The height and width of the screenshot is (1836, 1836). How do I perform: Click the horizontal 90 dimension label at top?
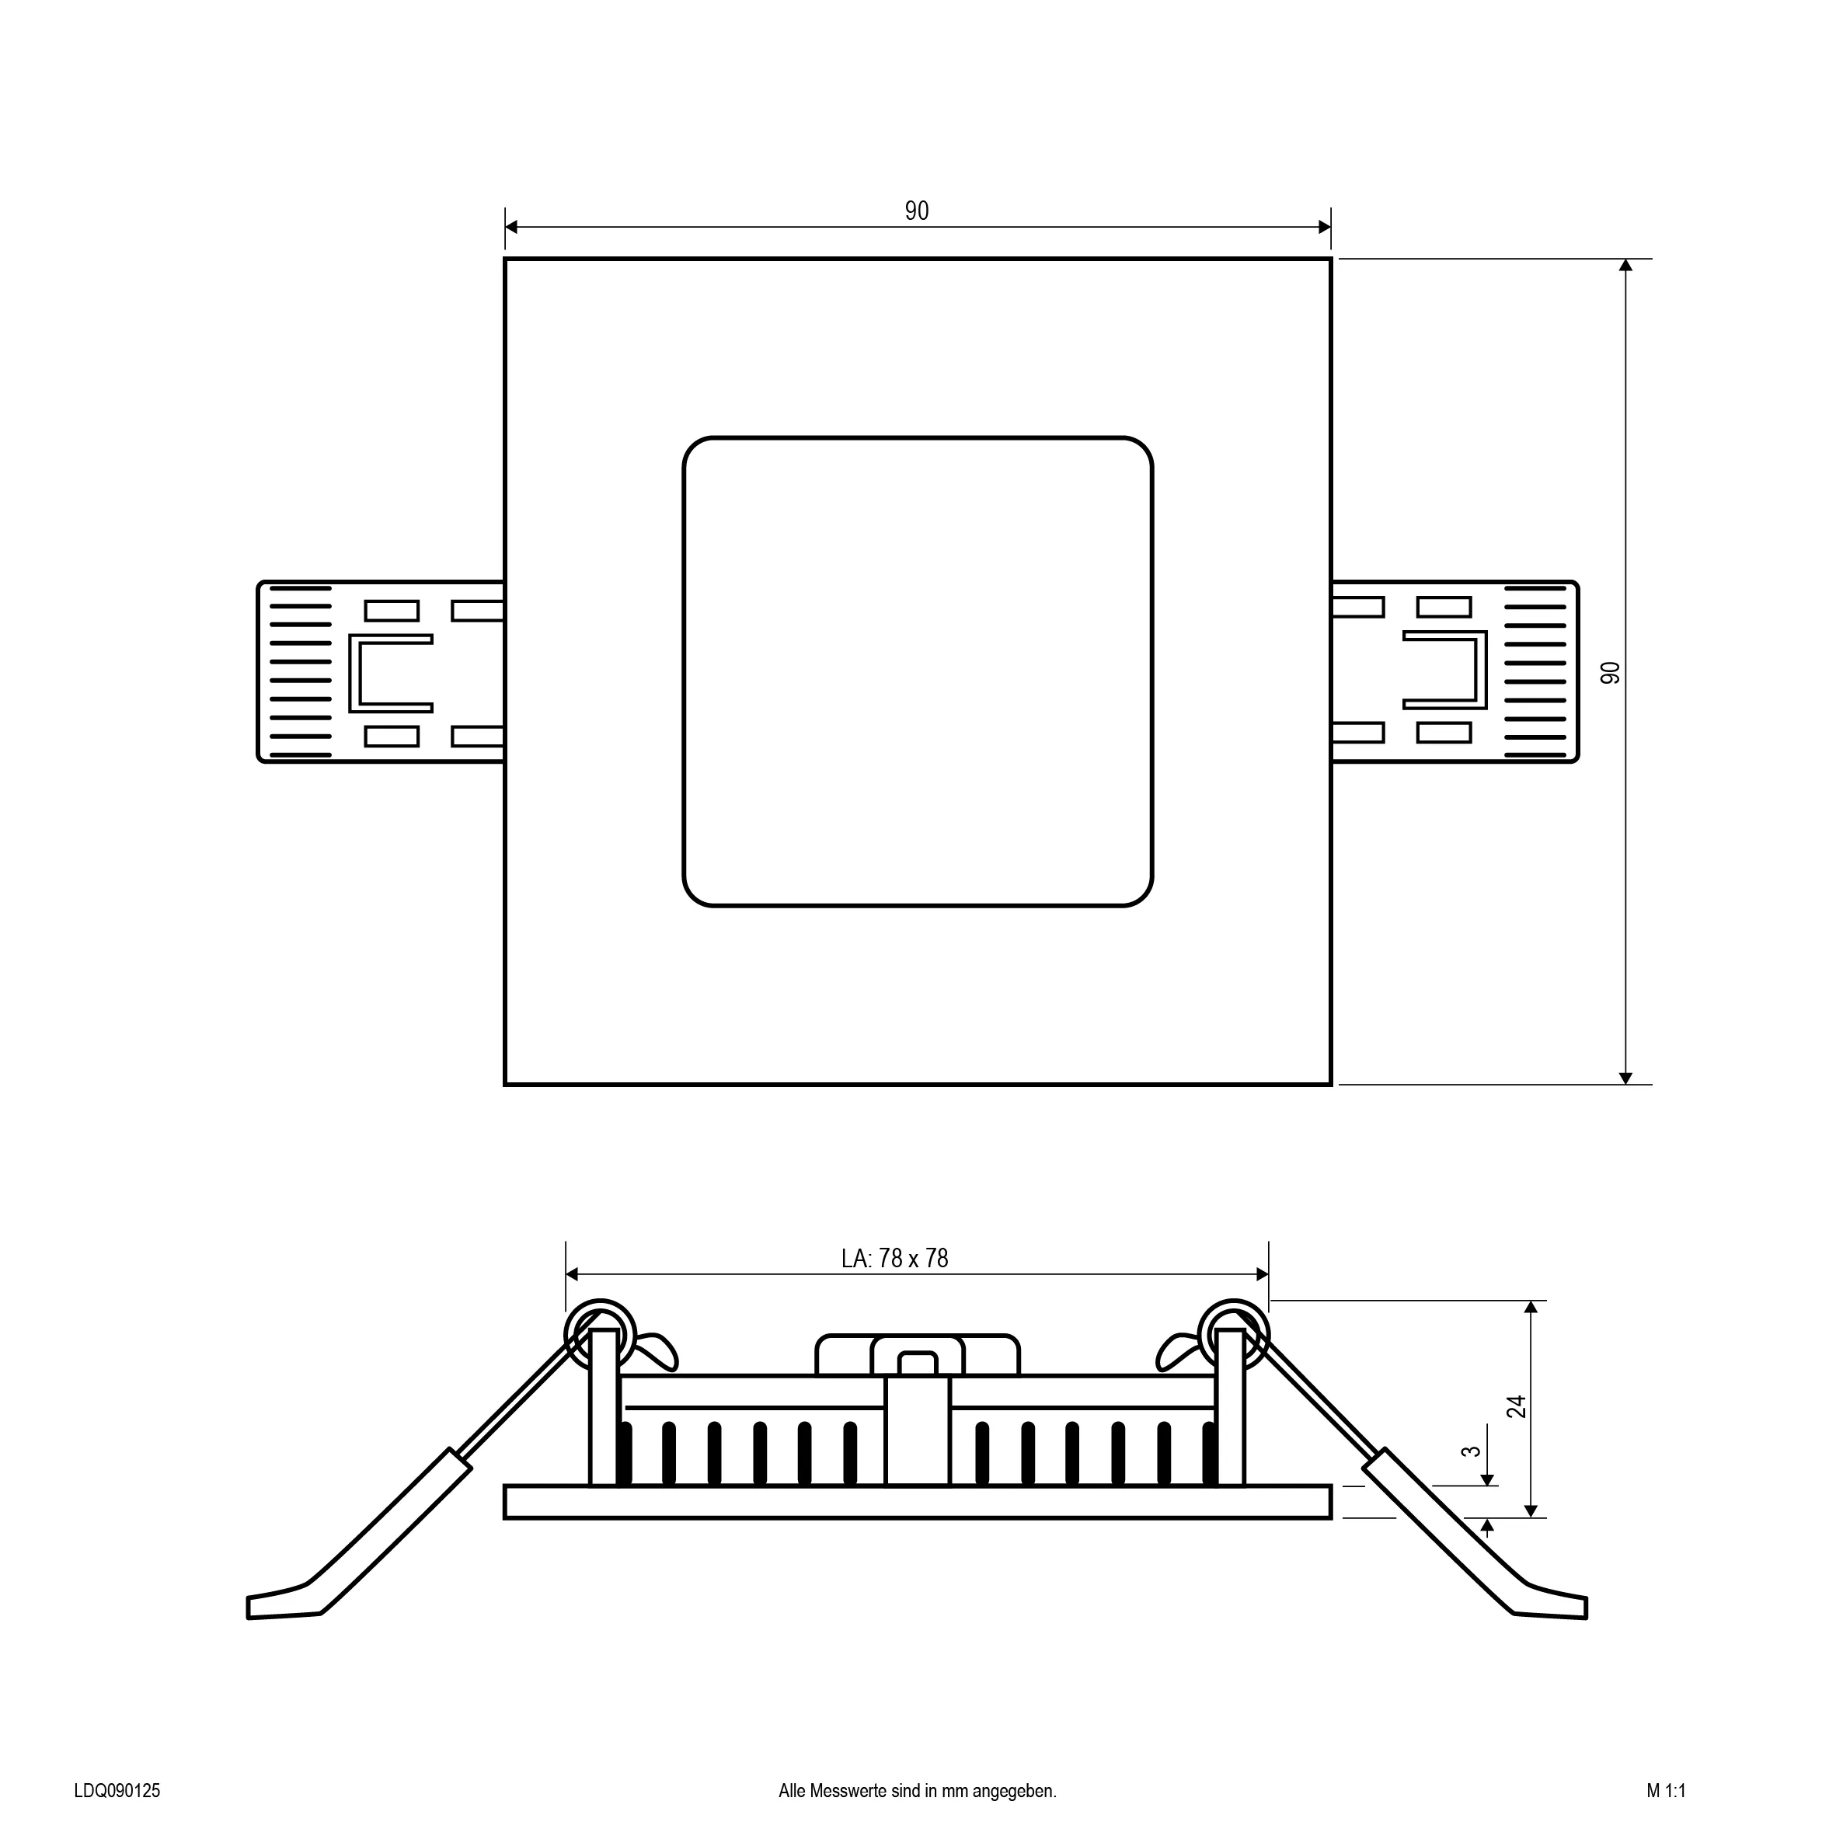click(x=916, y=211)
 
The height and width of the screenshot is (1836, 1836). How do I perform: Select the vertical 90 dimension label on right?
click(x=1610, y=673)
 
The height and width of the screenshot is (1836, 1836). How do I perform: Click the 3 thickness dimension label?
click(x=1471, y=1451)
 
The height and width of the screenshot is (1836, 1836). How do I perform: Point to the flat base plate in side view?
click(x=917, y=1501)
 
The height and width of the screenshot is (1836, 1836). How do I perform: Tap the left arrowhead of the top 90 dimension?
click(x=511, y=226)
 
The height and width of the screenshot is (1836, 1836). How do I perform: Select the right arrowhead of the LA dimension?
click(x=1262, y=1274)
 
